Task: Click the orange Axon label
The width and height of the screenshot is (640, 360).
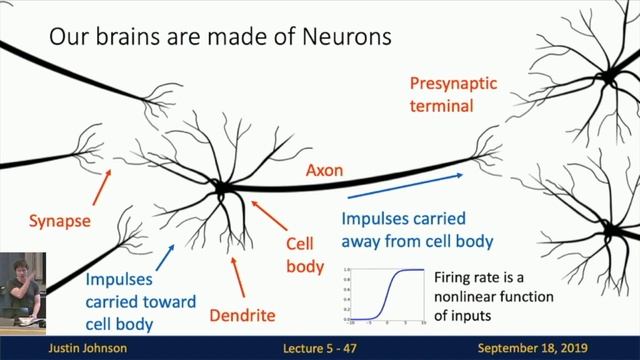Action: point(324,171)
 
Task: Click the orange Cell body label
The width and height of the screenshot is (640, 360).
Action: point(305,255)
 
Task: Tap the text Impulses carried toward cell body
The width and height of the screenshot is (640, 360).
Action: point(132,302)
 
